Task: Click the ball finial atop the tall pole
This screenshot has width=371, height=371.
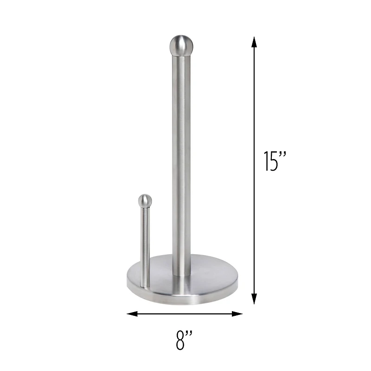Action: [x=181, y=45]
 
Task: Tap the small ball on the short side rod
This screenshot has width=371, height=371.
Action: [x=145, y=200]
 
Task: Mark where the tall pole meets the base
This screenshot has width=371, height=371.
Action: [x=181, y=274]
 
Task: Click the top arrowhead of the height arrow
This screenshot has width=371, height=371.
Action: [x=254, y=43]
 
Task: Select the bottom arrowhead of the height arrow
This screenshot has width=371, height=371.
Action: [x=254, y=299]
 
